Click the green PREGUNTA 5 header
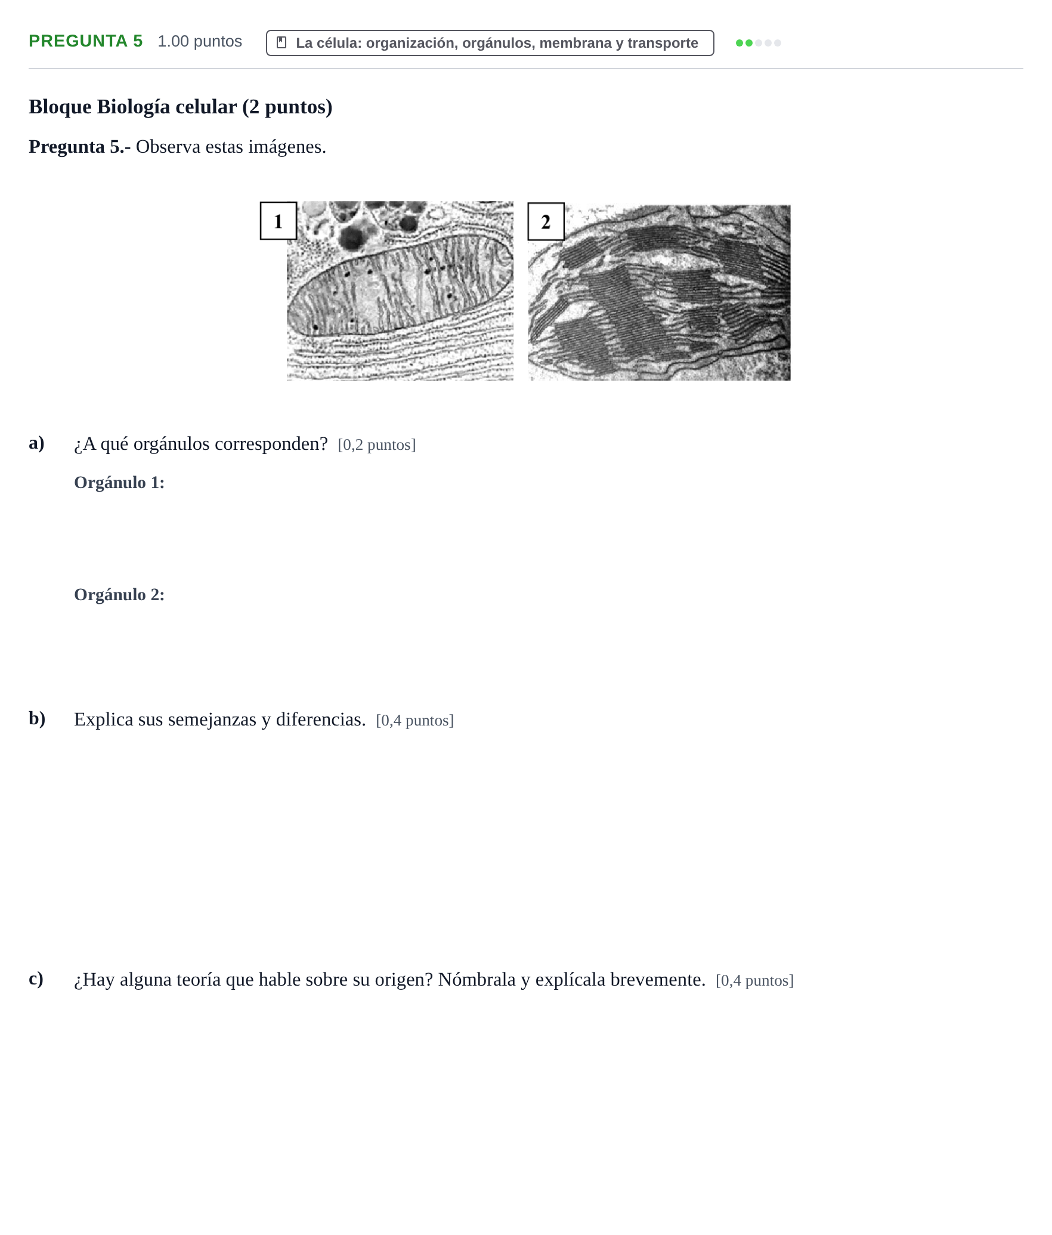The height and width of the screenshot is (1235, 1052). pos(86,41)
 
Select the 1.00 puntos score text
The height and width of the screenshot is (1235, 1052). pos(200,41)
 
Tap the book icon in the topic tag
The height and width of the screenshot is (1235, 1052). pos(282,42)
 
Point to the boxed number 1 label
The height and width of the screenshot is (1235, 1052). pos(279,221)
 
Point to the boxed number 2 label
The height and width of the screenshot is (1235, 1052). pos(546,221)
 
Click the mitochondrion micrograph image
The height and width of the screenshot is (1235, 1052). pos(400,291)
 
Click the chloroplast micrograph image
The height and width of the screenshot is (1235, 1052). pos(660,293)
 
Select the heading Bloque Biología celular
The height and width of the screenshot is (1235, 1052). pos(180,107)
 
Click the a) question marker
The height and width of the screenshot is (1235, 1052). pos(36,443)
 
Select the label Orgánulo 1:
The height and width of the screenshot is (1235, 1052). pos(119,483)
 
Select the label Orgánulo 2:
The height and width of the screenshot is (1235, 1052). pos(119,595)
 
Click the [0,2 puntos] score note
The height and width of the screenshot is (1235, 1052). pos(377,444)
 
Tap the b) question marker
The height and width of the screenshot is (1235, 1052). pos(37,718)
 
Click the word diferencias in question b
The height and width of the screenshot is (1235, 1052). pos(321,720)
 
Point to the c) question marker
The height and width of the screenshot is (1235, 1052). pos(36,978)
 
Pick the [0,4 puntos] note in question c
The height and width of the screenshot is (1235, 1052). pos(755,980)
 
